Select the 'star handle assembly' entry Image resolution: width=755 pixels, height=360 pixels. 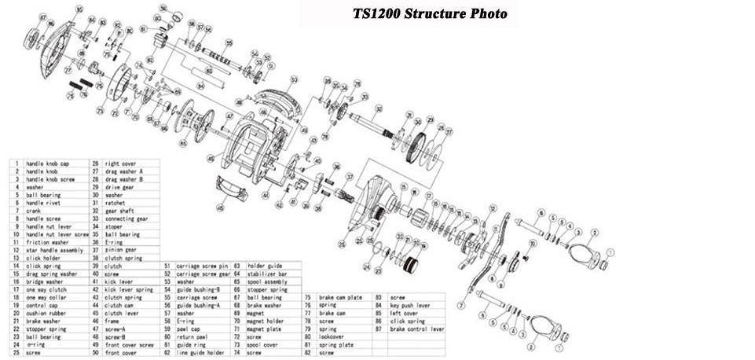(52, 250)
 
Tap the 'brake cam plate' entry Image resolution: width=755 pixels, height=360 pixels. (339, 297)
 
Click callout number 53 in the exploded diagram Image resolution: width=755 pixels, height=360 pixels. (294, 79)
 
